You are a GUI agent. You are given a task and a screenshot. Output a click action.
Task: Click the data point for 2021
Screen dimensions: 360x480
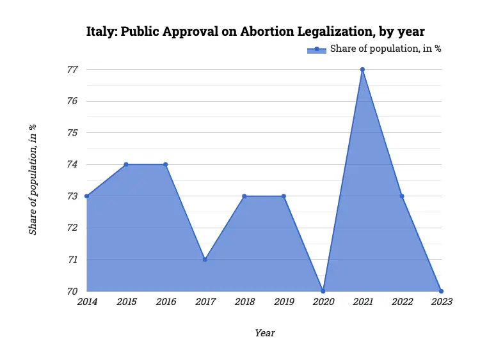(362, 69)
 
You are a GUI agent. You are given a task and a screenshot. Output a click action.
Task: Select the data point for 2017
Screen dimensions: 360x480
(205, 260)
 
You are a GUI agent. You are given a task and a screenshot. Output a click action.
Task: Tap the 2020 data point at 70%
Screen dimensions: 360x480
(323, 291)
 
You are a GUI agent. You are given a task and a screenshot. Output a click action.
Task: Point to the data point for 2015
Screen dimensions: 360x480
(126, 164)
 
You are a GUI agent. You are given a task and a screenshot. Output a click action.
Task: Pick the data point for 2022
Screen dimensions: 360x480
(402, 196)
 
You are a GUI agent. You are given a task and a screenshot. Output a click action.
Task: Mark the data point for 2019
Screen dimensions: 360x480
(284, 196)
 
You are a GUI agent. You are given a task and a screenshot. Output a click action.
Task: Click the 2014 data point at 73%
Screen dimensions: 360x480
(86, 196)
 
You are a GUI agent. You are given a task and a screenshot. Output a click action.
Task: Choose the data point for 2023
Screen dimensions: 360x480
(441, 291)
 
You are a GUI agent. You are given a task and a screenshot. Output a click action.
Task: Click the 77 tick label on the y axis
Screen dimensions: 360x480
(72, 69)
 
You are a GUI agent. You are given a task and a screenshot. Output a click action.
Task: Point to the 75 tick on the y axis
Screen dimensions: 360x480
(72, 133)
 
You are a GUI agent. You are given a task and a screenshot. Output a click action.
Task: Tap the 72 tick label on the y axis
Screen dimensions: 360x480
(72, 228)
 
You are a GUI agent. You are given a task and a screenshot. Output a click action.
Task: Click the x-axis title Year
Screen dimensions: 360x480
(264, 333)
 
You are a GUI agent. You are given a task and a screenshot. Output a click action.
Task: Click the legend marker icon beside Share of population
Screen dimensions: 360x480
(316, 49)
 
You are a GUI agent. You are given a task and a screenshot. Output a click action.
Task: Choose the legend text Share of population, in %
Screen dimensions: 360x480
(385, 49)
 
